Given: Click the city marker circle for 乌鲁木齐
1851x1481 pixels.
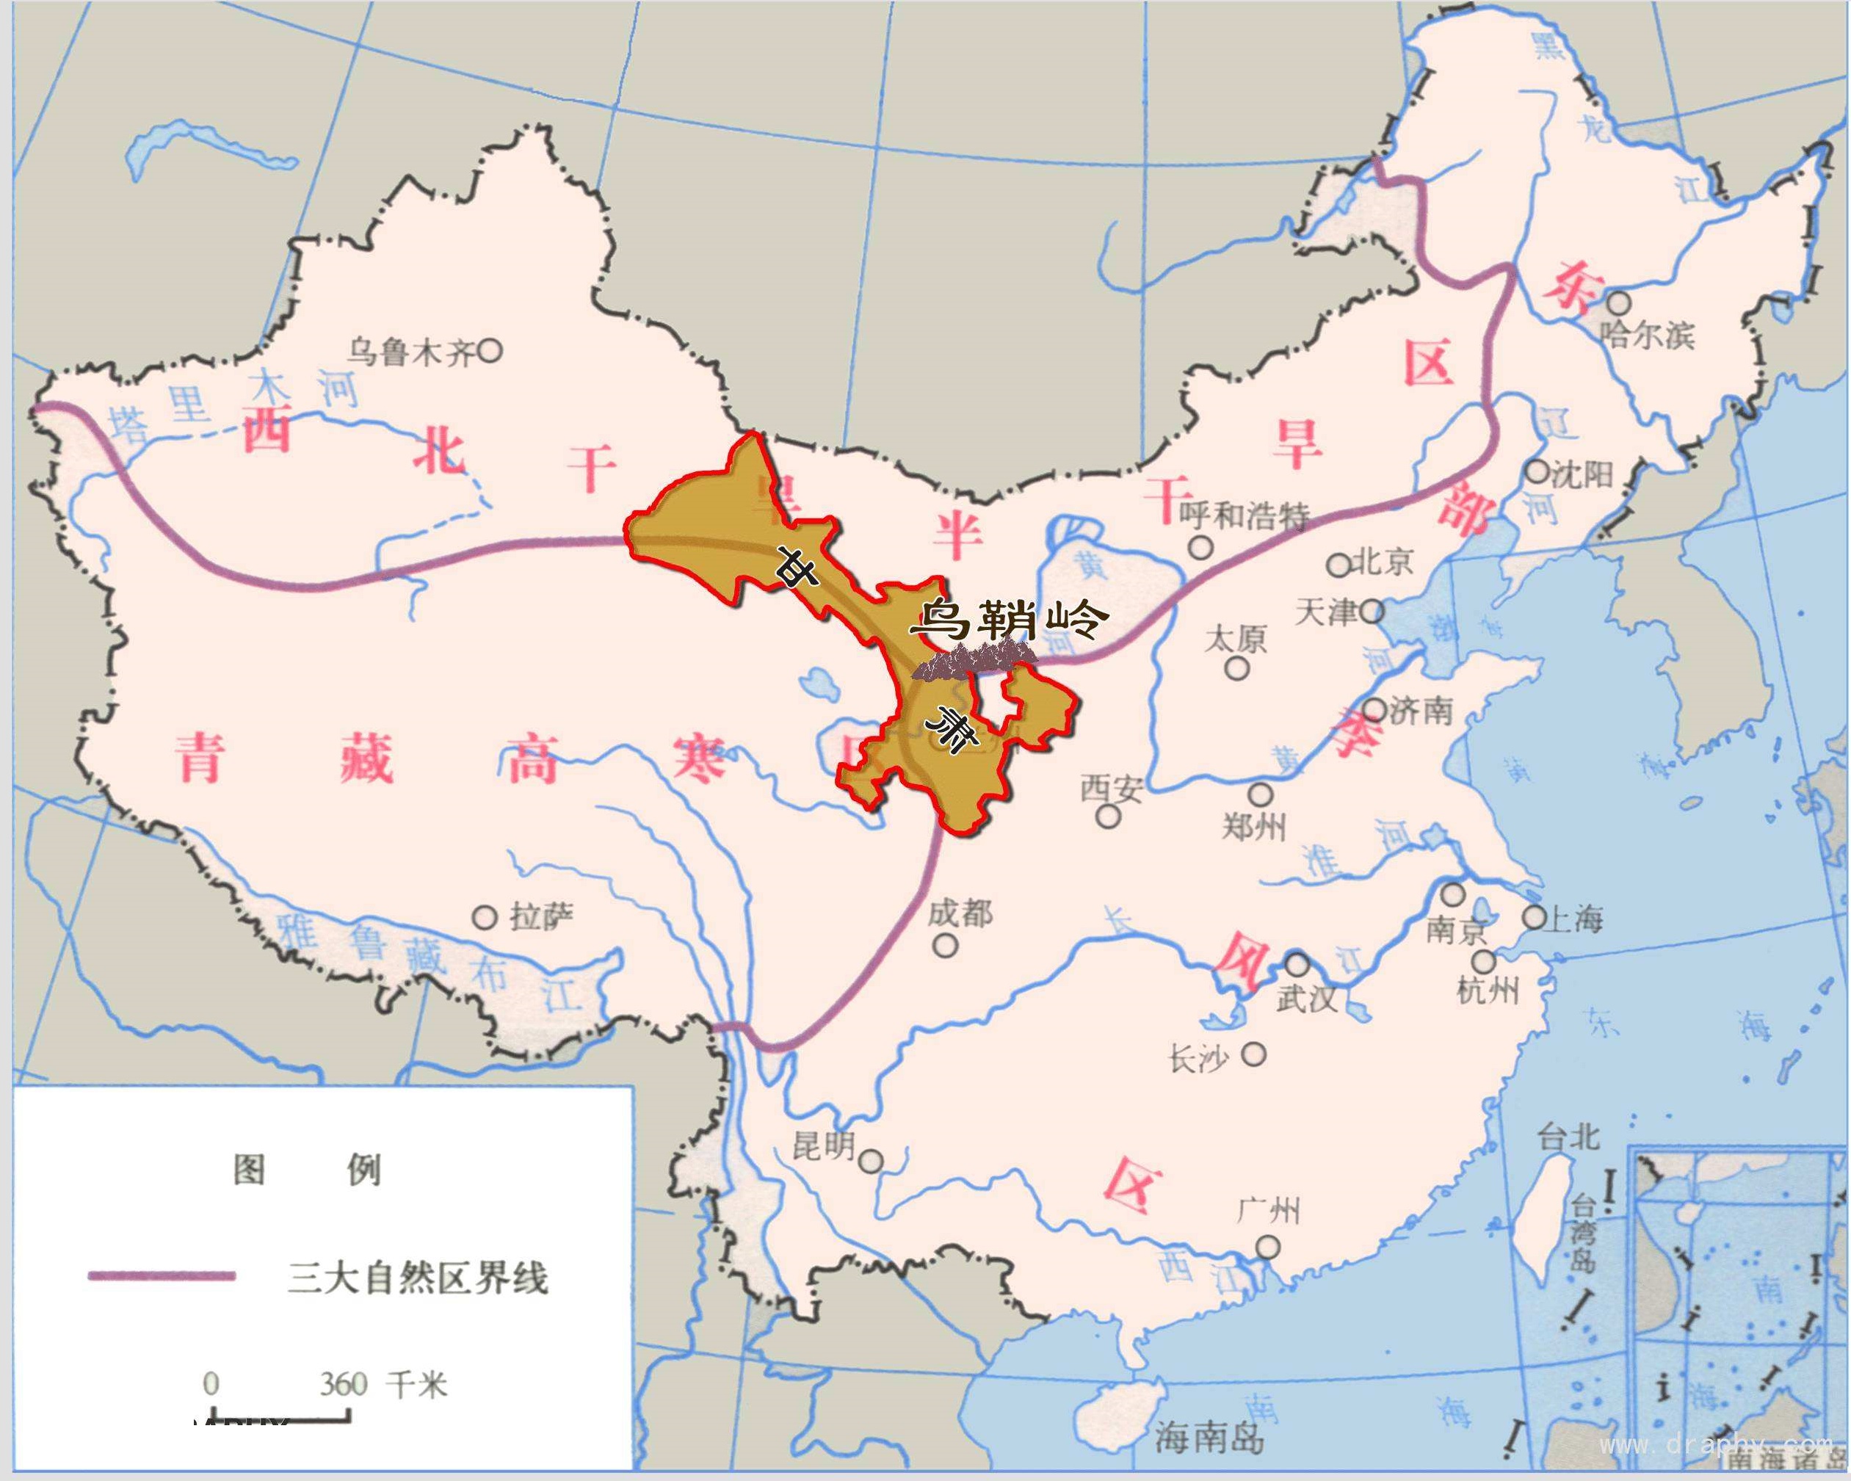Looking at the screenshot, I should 490,350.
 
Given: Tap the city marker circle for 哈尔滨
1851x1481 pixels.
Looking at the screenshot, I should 1618,303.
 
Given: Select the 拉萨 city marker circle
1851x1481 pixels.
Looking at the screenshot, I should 485,918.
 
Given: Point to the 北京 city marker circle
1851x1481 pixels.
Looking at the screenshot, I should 1339,565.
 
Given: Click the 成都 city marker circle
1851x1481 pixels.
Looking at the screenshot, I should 946,945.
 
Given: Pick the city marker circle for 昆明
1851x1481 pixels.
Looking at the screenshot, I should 872,1162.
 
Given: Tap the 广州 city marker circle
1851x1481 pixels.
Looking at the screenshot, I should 1267,1247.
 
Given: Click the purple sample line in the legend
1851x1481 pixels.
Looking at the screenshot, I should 162,1276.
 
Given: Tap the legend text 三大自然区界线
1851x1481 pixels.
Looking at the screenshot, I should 417,1278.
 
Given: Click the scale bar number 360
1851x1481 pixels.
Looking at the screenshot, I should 344,1385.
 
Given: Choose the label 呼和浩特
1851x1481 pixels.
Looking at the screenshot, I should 1244,517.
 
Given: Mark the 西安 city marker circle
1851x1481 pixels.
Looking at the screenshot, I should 1109,816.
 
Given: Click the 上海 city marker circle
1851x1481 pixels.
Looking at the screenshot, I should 1535,917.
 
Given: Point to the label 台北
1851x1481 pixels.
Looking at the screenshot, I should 1568,1137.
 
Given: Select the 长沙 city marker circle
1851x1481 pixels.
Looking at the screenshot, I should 1254,1054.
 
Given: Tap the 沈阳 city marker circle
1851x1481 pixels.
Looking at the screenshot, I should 1537,471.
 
